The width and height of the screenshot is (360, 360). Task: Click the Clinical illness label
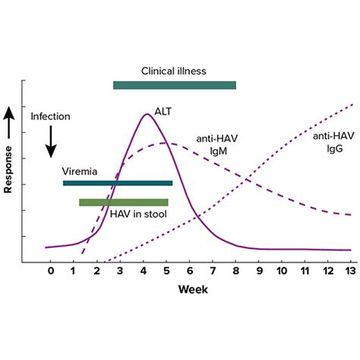point(173,71)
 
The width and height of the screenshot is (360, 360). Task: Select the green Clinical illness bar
point(174,85)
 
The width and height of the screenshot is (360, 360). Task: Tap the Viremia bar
point(117,183)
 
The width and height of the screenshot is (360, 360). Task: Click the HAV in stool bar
point(123,202)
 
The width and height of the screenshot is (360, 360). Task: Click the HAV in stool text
point(138,213)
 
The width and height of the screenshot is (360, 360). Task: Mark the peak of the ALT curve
point(147,115)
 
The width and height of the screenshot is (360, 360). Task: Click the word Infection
point(50,117)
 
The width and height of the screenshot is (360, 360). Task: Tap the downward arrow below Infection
point(50,140)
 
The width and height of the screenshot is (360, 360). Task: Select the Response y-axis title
point(9,164)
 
